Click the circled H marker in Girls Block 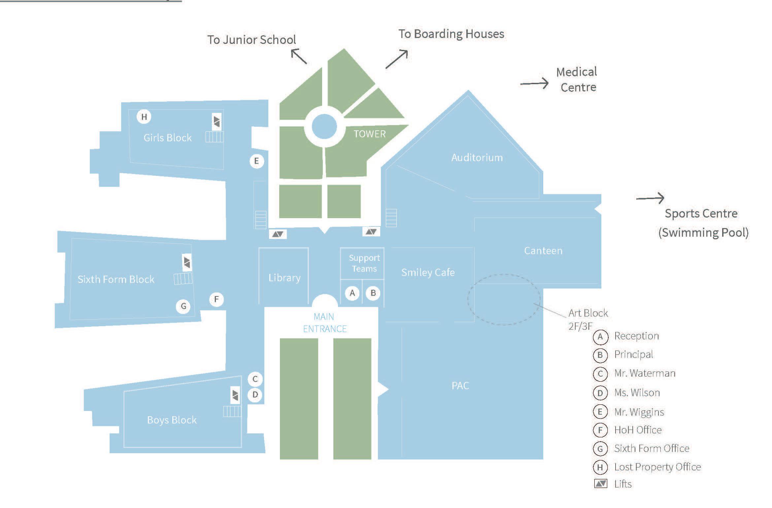click(x=144, y=117)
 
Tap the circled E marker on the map click(x=256, y=161)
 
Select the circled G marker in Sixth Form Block click(x=183, y=306)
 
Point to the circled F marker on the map click(x=217, y=299)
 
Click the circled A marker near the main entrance click(x=352, y=293)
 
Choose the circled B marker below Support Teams click(x=373, y=293)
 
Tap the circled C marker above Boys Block click(x=255, y=379)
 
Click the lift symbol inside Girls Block click(x=217, y=121)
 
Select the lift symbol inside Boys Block click(x=235, y=395)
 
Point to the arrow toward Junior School click(x=299, y=56)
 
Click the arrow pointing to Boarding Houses click(x=397, y=59)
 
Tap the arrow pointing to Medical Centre click(x=534, y=84)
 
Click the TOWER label click(x=369, y=134)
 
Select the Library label click(x=284, y=278)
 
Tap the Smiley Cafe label click(x=428, y=272)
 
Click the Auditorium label click(x=477, y=157)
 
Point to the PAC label click(x=460, y=386)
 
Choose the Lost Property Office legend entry click(x=657, y=467)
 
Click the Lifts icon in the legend click(x=600, y=484)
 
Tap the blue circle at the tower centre click(x=324, y=126)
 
